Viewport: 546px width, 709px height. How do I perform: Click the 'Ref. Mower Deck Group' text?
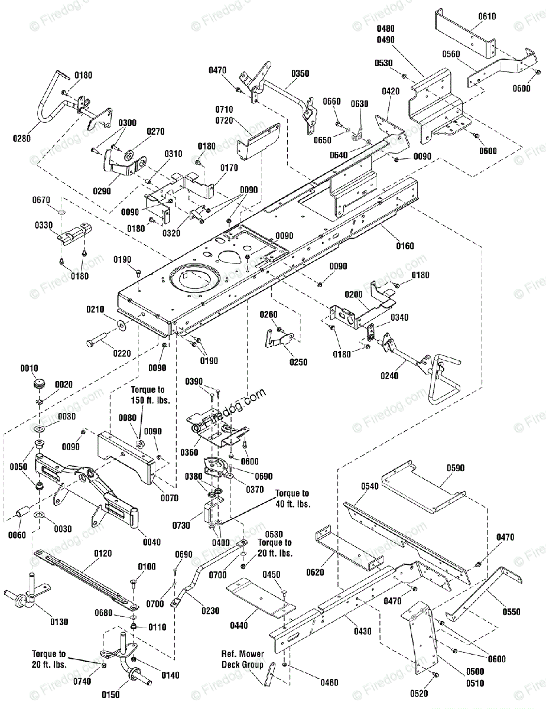click(243, 659)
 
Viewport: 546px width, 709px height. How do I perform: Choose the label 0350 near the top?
click(300, 74)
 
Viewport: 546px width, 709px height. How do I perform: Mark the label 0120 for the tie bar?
click(103, 554)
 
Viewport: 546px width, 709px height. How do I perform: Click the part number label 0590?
click(456, 467)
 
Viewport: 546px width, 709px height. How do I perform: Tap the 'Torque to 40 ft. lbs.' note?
click(292, 499)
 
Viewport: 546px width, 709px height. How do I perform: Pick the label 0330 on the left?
click(44, 225)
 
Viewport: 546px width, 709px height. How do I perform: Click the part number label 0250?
click(298, 362)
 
